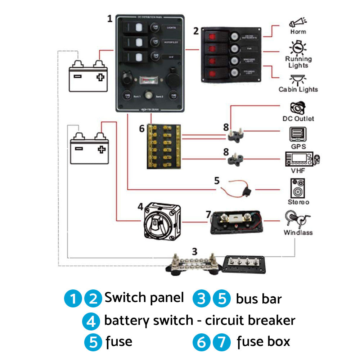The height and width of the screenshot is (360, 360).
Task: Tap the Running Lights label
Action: point(298,62)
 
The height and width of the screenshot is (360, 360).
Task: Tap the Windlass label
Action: point(298,232)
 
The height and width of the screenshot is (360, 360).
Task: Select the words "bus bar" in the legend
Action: point(258,299)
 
